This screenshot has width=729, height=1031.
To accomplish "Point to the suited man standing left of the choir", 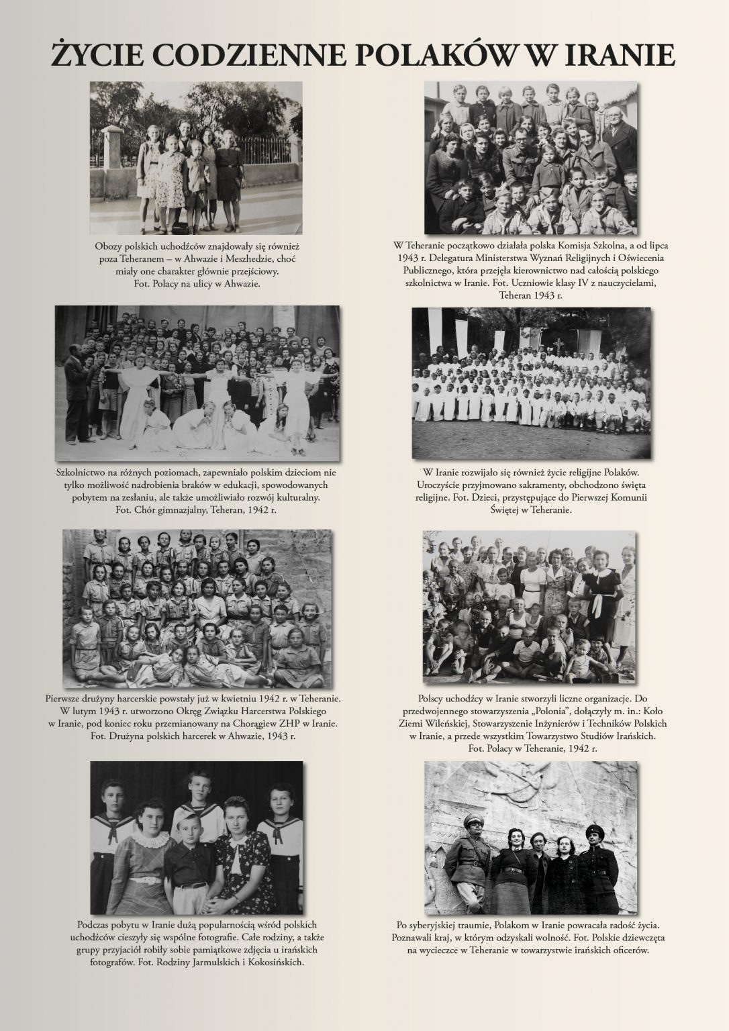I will pos(78,396).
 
